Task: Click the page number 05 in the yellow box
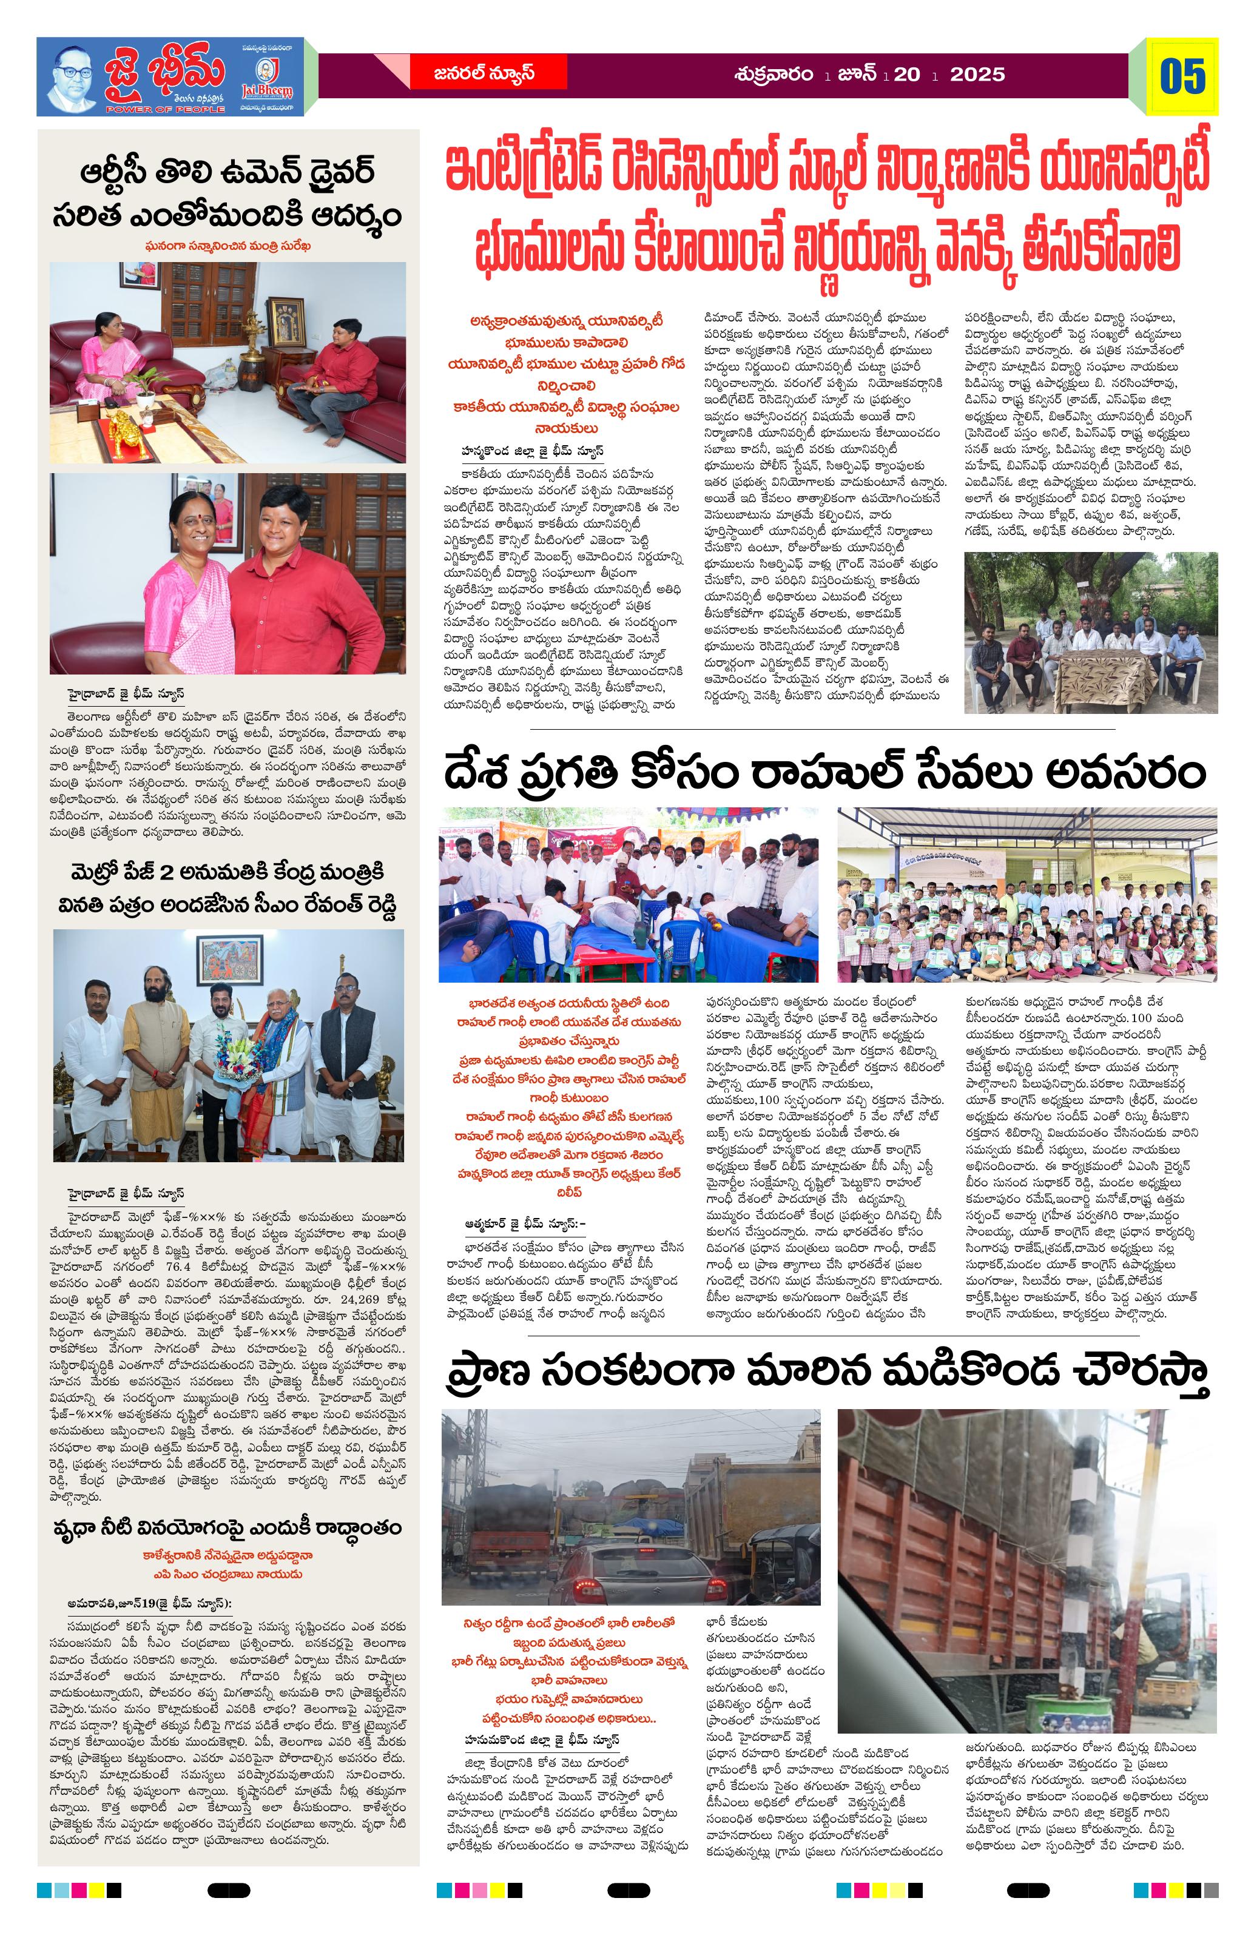(x=1182, y=76)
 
